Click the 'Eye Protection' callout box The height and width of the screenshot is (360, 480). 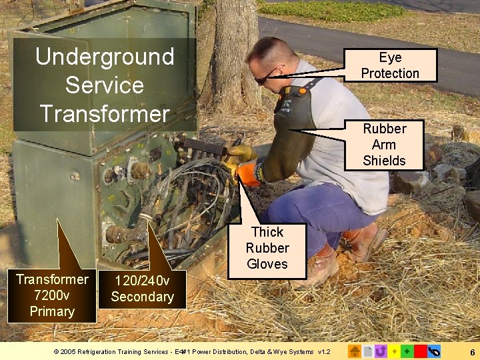390,65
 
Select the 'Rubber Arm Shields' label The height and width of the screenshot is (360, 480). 384,145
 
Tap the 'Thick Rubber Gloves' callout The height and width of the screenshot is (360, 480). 267,248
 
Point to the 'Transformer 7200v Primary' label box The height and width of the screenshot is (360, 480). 52,295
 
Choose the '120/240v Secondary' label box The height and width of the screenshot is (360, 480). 142,289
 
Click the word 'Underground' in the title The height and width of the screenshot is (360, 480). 105,57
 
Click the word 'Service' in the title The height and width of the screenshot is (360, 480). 105,85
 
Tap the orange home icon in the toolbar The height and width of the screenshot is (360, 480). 355,351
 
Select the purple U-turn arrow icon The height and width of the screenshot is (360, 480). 381,351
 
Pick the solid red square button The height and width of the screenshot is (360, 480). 420,351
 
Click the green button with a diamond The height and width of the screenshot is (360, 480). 407,351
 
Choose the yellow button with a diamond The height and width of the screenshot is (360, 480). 394,351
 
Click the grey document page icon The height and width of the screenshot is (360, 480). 368,351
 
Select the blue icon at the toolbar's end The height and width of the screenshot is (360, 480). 434,351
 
